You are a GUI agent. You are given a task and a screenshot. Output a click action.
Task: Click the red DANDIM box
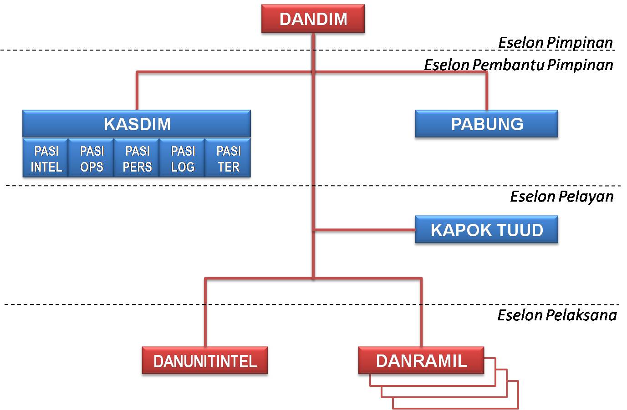(x=313, y=19)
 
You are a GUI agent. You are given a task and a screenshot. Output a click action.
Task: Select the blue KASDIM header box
(x=137, y=124)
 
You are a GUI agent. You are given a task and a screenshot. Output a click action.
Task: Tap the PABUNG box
(x=486, y=124)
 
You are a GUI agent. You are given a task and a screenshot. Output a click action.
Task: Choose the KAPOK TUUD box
(x=486, y=230)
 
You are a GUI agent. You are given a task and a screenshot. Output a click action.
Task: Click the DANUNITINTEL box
(x=205, y=361)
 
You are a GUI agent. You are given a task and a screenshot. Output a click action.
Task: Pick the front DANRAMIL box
(x=421, y=360)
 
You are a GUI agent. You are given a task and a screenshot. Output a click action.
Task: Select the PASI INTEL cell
(x=46, y=158)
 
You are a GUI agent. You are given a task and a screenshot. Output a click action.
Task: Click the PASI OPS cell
(x=91, y=158)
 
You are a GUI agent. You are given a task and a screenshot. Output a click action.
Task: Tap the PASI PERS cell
(x=137, y=158)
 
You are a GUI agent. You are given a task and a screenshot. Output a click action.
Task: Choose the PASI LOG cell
(x=182, y=158)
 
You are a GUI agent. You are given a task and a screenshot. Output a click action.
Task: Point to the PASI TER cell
(x=228, y=158)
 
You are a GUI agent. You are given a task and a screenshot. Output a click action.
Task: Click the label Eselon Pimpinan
(x=555, y=42)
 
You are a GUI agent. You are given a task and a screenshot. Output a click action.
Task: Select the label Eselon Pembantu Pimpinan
(x=518, y=65)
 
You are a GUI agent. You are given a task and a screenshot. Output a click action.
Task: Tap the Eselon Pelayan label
(x=561, y=196)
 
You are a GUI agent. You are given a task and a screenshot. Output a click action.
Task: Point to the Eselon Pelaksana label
(x=556, y=315)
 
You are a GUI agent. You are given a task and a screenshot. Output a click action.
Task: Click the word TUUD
(x=520, y=230)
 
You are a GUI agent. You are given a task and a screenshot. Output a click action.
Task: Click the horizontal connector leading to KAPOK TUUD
(x=364, y=230)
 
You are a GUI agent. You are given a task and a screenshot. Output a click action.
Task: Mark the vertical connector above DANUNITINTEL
(x=205, y=314)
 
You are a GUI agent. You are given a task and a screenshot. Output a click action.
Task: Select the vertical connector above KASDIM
(x=137, y=91)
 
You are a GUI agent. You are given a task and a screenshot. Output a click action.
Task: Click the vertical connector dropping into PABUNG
(x=486, y=91)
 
